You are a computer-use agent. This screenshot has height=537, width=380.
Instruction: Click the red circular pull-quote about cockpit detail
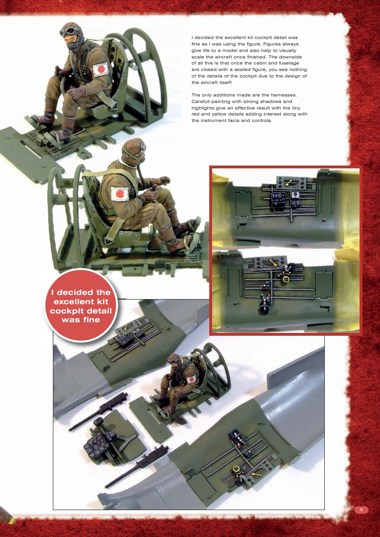81,306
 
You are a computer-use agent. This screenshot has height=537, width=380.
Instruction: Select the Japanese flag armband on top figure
100,70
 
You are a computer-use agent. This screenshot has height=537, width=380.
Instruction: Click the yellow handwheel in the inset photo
286,279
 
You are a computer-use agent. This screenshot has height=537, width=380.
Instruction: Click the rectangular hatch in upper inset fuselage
242,204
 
